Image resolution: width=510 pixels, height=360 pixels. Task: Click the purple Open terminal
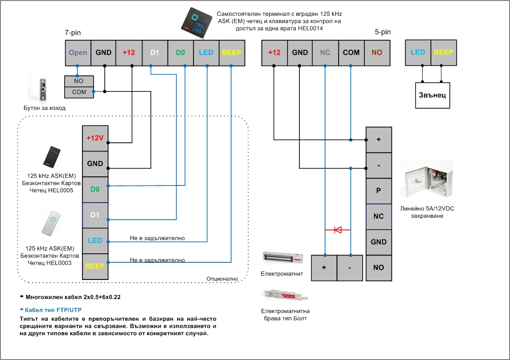coord(78,52)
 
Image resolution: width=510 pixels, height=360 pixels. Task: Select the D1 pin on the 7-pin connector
coord(155,52)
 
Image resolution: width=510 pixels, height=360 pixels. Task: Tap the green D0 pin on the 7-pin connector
coord(180,52)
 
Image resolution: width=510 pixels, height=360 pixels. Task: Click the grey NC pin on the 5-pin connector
coord(325,52)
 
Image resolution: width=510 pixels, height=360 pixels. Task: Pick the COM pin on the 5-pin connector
coord(351,52)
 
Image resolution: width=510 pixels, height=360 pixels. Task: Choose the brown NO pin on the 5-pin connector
coord(377,52)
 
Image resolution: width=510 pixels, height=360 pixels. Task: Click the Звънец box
coord(433,95)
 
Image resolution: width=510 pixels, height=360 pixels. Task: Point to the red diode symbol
coord(338,230)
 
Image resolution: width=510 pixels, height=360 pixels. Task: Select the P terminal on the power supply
coord(378,190)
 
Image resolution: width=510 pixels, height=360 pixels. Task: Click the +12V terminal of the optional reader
coord(95,138)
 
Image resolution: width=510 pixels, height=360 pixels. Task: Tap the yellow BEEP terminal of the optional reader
coord(95,266)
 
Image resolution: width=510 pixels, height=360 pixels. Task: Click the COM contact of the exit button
coord(79,92)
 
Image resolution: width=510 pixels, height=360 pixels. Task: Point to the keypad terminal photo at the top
coord(197,23)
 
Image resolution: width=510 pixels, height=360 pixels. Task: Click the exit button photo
coord(43,89)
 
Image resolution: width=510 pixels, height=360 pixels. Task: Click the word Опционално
coord(222,279)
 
